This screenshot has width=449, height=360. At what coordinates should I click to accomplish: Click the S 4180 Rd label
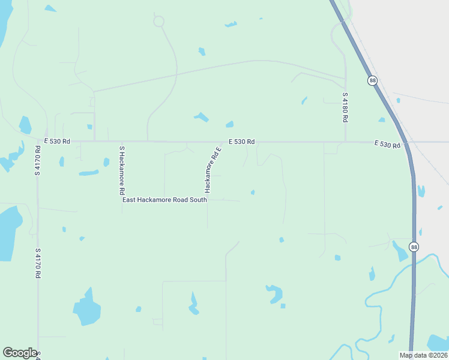tap(345, 107)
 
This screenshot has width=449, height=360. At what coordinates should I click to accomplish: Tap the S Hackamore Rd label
tap(122, 170)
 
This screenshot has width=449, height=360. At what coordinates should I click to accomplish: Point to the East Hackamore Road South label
tap(164, 200)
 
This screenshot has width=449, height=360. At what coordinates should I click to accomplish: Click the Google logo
tap(20, 352)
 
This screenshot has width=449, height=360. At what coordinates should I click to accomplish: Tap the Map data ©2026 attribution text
tap(423, 355)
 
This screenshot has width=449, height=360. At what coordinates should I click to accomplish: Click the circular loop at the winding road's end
tap(158, 22)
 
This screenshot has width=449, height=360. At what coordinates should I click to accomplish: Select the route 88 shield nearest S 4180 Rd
tap(373, 81)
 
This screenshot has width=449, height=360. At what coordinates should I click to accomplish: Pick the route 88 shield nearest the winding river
tap(414, 247)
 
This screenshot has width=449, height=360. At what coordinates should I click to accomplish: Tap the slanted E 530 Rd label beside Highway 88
tap(387, 144)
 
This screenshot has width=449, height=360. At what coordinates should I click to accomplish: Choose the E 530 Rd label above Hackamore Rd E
tap(241, 142)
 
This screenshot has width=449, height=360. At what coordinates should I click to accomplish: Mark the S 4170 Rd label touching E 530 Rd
tap(37, 160)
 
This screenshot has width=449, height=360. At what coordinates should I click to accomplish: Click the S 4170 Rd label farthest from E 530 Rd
tap(37, 263)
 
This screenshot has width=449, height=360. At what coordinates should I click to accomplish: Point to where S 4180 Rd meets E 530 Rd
tap(345, 142)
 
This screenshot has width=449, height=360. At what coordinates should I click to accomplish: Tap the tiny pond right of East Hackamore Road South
tap(253, 192)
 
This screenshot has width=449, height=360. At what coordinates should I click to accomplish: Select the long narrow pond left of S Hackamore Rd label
tap(89, 173)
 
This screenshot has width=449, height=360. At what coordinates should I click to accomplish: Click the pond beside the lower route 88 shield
tap(400, 251)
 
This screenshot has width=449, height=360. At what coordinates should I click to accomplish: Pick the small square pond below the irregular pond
tap(283, 306)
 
